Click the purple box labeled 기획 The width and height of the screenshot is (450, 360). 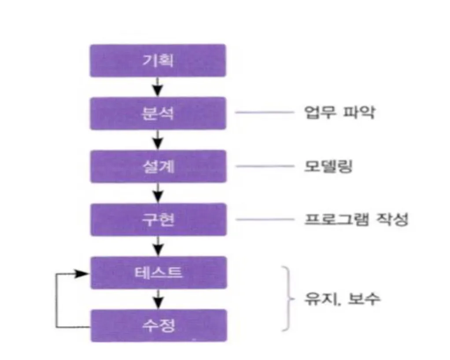pos(158,60)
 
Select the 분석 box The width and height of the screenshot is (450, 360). pos(158,114)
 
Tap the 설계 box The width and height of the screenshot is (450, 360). pos(158,166)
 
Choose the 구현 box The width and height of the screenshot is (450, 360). pos(158,219)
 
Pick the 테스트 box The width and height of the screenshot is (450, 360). pos(158,273)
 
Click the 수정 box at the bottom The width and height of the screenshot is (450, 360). pos(158,326)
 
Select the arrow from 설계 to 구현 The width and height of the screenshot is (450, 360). pos(158,193)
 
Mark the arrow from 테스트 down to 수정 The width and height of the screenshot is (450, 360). pos(158,299)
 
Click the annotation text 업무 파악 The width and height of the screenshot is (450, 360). pos(339,113)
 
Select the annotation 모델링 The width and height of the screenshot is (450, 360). pos(328,166)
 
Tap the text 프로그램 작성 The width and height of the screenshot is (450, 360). pos(356,219)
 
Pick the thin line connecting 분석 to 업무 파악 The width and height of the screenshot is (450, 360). pos(265,113)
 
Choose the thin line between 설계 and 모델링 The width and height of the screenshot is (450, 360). pos(265,166)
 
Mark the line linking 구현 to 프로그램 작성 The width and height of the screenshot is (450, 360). pos(265,219)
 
